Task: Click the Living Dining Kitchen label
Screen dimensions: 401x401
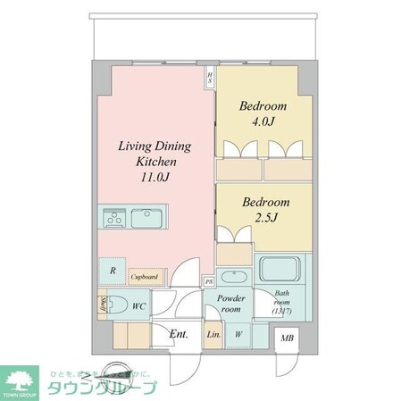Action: pyautogui.click(x=155, y=155)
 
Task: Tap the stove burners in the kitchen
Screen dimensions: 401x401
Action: pyautogui.click(x=113, y=218)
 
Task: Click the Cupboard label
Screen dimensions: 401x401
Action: pyautogui.click(x=146, y=278)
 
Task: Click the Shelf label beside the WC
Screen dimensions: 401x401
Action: pyautogui.click(x=104, y=306)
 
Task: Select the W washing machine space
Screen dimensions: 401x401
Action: pyautogui.click(x=238, y=335)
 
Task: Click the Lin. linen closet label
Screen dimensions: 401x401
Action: pyautogui.click(x=214, y=335)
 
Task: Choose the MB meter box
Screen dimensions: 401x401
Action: pyautogui.click(x=288, y=337)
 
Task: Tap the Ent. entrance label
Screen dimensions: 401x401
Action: pyautogui.click(x=178, y=337)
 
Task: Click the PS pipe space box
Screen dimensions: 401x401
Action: pyautogui.click(x=209, y=281)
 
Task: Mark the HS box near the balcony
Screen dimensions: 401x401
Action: pyautogui.click(x=210, y=79)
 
